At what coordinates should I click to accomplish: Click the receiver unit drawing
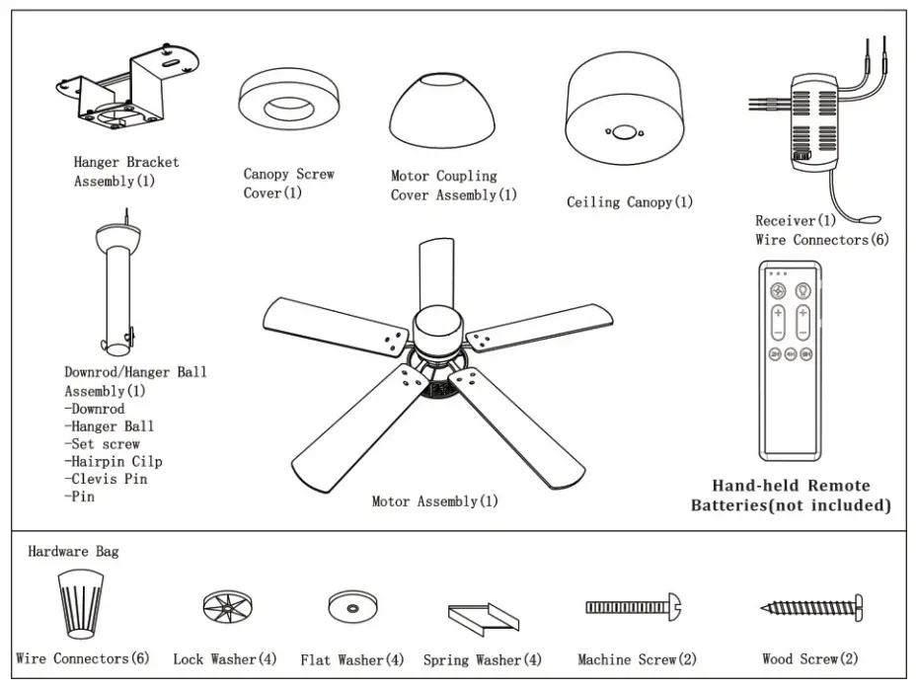[812, 123]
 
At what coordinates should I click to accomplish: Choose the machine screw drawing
[632, 607]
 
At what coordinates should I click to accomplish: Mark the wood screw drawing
[811, 607]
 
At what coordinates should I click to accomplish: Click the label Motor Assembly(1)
[435, 501]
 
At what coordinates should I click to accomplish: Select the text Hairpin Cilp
[114, 462]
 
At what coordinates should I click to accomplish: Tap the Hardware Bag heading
[72, 552]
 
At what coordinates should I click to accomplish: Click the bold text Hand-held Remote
[792, 486]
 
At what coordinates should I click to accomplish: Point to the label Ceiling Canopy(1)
[630, 202]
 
